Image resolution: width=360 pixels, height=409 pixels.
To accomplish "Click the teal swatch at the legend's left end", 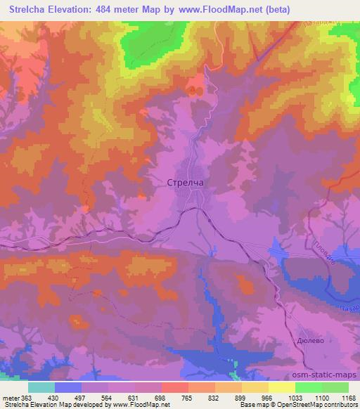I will (41, 387).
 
